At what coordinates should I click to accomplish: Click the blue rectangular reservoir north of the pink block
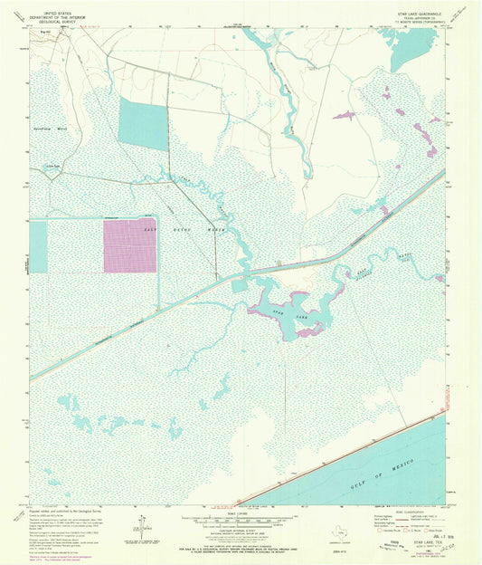[x=143, y=124]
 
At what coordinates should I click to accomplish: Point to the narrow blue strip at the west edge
[x=38, y=244]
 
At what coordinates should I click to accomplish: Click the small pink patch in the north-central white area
[x=344, y=115]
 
